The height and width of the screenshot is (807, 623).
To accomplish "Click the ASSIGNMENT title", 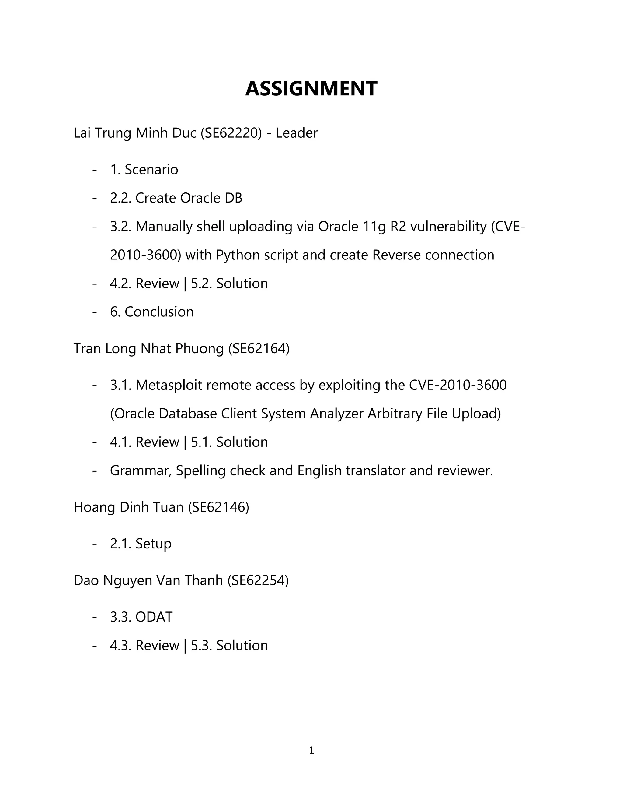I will coord(311,89).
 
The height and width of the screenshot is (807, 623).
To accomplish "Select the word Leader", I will coord(296,133).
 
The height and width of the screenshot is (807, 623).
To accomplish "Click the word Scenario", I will coord(151,170).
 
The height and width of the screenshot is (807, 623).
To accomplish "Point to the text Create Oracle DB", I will coord(189,198).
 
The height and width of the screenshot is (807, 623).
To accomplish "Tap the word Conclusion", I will coord(159,312).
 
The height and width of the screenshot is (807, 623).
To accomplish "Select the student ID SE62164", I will coord(259,348).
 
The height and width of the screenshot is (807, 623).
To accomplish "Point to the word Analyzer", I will coord(337,414).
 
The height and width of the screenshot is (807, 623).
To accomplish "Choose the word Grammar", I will coord(141,471).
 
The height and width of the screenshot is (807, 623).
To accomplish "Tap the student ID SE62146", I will coord(218,507).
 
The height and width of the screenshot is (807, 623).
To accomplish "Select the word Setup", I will coord(153,544).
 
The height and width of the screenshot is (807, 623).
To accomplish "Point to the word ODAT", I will coord(154,617).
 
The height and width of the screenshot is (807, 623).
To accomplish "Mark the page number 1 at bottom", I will coord(311,750).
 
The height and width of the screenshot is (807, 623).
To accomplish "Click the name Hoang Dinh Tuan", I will coord(128,507).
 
